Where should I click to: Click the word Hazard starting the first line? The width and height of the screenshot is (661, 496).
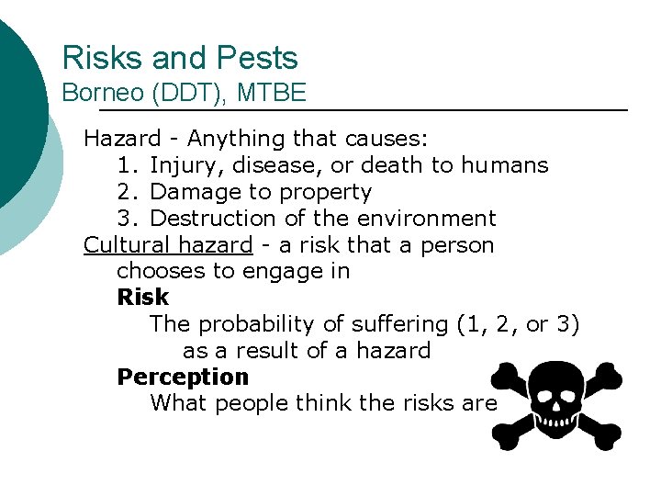[121, 139]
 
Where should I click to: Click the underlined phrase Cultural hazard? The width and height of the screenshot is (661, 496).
[168, 245]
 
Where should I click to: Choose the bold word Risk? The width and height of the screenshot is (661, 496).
[143, 298]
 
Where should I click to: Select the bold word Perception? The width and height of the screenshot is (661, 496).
[183, 378]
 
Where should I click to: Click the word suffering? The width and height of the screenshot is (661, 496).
[390, 324]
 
